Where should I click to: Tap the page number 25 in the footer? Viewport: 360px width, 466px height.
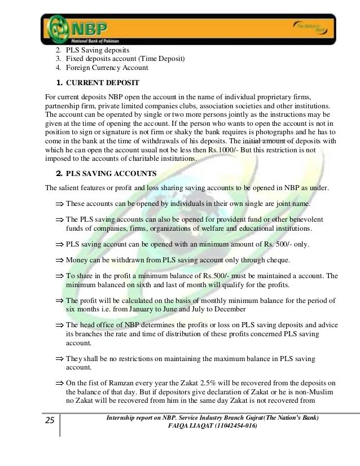click(x=50, y=420)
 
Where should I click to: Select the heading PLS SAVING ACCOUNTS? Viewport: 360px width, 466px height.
click(x=112, y=173)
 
